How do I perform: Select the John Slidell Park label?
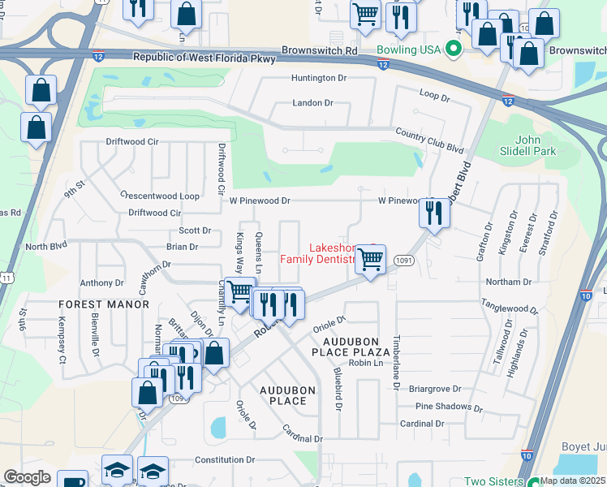[x=519, y=145]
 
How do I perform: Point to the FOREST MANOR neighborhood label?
[x=104, y=304]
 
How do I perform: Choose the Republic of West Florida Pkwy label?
[x=204, y=58]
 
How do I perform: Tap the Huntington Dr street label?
[x=319, y=78]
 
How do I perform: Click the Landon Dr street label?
[x=312, y=103]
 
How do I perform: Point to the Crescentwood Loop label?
[x=159, y=196]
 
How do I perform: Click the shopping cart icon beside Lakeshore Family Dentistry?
[x=370, y=261]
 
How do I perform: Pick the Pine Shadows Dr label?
[x=442, y=406]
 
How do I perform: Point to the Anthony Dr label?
[x=101, y=283]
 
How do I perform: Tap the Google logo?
[x=28, y=476]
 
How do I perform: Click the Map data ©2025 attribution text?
[x=573, y=481]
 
